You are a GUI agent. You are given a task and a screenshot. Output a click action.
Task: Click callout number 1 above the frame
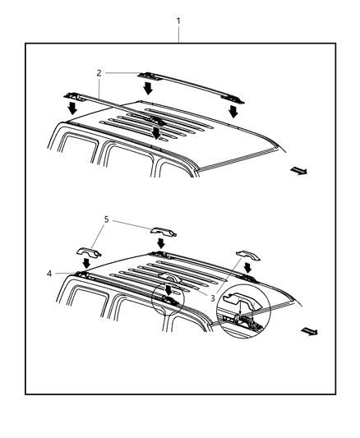click(178, 20)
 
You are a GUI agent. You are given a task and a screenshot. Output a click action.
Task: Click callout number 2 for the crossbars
click(99, 73)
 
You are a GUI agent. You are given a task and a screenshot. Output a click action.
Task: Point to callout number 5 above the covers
click(106, 220)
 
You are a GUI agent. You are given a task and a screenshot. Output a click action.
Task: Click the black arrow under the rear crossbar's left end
click(149, 88)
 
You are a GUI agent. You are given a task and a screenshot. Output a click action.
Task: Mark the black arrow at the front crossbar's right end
click(156, 132)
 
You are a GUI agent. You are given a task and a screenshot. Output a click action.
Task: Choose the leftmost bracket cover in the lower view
click(88, 251)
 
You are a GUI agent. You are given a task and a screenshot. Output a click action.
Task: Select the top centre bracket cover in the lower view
click(162, 231)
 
